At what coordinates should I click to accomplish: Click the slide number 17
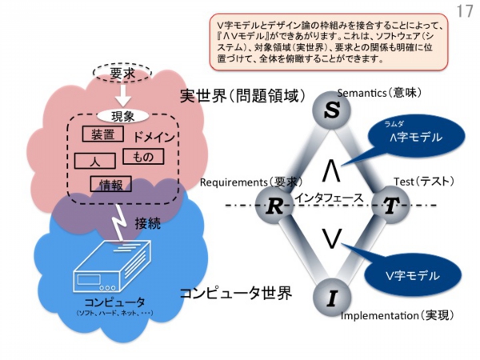click(x=464, y=12)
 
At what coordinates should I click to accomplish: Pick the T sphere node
click(x=390, y=206)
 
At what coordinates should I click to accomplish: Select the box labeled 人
click(x=94, y=160)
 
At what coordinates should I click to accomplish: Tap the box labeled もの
click(x=143, y=158)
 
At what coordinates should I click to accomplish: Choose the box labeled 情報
click(x=111, y=185)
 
